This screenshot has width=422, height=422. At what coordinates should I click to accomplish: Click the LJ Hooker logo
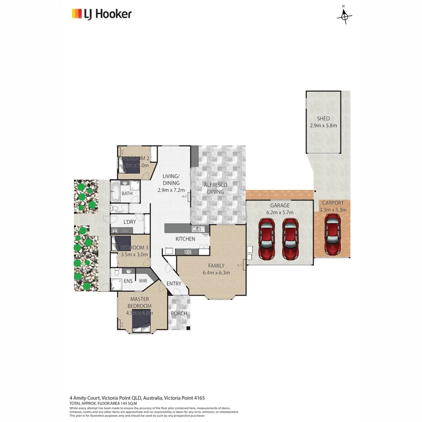[x=101, y=14]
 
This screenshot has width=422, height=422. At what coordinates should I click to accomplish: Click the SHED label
[x=323, y=119]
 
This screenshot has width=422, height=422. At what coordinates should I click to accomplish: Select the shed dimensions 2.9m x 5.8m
[x=323, y=126]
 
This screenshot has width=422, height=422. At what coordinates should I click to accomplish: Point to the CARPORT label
[x=333, y=203]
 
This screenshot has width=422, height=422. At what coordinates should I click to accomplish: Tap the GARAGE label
[x=279, y=205]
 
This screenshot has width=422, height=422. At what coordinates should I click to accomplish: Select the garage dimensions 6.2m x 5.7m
[x=279, y=212]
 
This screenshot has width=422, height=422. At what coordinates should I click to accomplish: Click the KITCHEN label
[x=185, y=239]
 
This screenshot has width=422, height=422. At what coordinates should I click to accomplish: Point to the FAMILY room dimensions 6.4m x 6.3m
[x=216, y=272]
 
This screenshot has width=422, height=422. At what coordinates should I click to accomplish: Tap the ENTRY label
[x=173, y=284]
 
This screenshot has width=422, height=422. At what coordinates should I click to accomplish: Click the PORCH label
[x=179, y=313]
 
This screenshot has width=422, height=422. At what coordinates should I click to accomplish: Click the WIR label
[x=143, y=281]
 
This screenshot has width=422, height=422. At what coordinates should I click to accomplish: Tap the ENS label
[x=128, y=281]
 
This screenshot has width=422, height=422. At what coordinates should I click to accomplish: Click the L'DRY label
[x=129, y=222]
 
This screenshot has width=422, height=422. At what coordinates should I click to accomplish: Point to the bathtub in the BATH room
[x=116, y=190]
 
